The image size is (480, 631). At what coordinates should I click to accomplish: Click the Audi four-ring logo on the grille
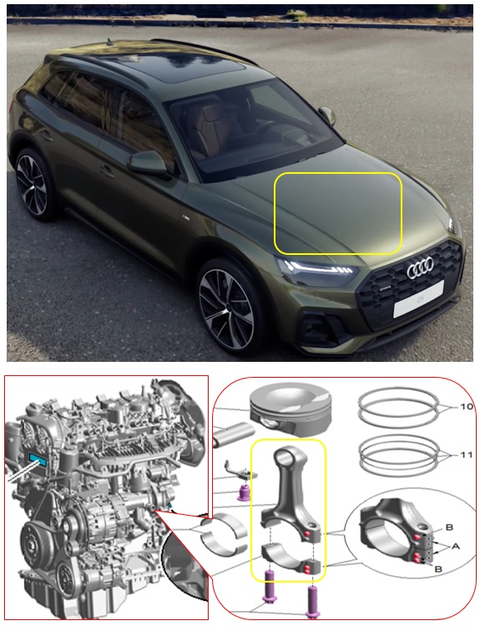tap(420, 267)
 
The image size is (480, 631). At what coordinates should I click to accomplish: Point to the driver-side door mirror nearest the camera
tap(148, 163)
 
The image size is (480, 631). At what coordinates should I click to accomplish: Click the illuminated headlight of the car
tap(316, 270)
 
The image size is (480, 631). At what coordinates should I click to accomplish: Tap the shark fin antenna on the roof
tap(109, 41)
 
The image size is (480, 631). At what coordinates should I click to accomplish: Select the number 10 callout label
tap(466, 407)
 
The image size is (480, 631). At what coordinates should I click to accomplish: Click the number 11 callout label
tap(467, 455)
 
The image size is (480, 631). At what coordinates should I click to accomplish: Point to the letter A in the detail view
tap(455, 547)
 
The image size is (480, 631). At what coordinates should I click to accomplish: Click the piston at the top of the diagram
tap(291, 408)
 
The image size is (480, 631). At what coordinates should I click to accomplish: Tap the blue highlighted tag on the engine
tap(38, 459)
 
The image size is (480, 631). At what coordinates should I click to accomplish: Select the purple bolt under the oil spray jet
tap(243, 491)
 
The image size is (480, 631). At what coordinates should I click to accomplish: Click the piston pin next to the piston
tap(233, 435)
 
